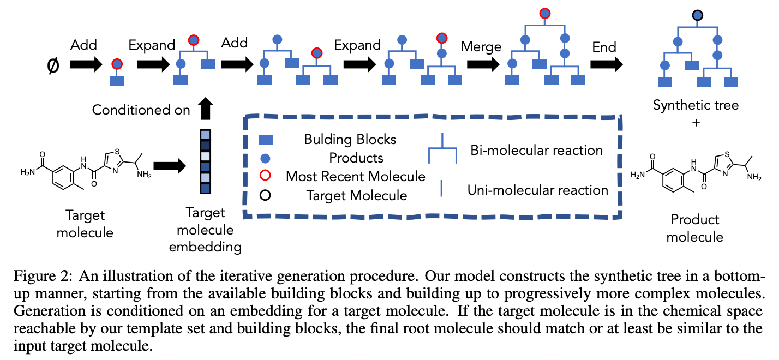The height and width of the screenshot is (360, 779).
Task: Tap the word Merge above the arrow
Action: pos(481,47)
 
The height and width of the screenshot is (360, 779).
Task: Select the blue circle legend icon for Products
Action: pos(265,158)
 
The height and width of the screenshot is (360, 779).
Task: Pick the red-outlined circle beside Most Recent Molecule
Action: pos(265,176)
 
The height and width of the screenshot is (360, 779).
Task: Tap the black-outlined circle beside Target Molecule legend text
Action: pos(265,195)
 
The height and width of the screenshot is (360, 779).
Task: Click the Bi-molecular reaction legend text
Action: pos(536,150)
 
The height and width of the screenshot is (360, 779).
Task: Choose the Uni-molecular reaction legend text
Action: pos(537,190)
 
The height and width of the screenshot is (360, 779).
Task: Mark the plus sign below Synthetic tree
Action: pos(696,123)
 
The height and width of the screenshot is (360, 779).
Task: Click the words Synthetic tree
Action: pos(696,105)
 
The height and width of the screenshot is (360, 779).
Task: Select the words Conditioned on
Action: pos(141,110)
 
